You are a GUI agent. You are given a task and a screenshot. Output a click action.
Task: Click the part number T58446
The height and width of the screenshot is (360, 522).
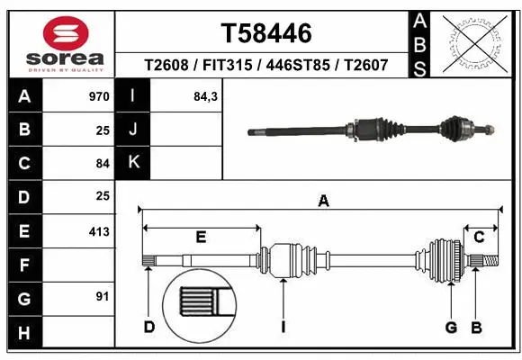(x=266, y=33)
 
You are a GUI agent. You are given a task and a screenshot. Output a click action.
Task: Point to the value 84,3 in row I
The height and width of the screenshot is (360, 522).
(x=206, y=96)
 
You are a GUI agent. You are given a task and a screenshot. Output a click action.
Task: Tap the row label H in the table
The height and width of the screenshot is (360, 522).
(x=24, y=333)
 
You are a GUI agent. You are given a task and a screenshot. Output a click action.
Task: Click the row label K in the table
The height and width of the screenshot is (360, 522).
(x=133, y=162)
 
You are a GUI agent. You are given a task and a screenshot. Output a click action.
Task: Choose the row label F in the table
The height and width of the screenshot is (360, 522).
(x=24, y=265)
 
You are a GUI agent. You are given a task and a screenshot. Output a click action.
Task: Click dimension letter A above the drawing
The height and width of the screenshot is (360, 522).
(x=323, y=202)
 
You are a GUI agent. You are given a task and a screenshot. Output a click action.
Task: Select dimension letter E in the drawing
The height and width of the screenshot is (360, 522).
(x=202, y=237)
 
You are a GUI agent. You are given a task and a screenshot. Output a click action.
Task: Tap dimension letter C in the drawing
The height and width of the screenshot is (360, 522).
(x=480, y=237)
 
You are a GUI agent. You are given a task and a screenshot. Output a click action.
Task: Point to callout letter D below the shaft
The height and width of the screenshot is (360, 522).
(x=149, y=326)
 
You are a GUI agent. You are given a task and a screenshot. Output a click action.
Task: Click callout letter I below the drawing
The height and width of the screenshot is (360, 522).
(x=283, y=326)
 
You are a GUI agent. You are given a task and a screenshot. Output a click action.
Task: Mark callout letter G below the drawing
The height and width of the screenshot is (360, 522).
(x=451, y=326)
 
